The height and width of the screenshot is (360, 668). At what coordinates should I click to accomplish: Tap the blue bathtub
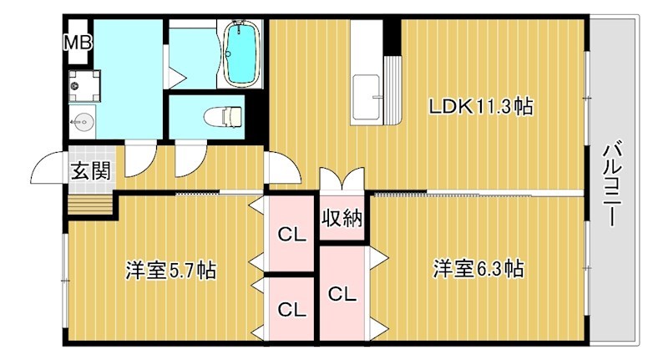pyautogui.click(x=243, y=54)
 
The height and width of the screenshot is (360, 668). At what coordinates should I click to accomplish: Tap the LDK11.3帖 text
pyautogui.click(x=481, y=107)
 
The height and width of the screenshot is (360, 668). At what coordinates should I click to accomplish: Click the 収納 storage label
pyautogui.click(x=342, y=219)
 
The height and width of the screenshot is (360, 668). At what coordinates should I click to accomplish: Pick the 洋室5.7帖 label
pyautogui.click(x=171, y=271)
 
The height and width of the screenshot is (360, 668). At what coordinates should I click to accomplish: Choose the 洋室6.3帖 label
pyautogui.click(x=478, y=270)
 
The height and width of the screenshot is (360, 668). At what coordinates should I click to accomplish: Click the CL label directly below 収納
pyautogui.click(x=342, y=294)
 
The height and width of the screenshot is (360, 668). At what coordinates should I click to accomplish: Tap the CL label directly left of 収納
pyautogui.click(x=291, y=233)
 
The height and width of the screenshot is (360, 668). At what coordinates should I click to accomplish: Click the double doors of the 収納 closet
pyautogui.click(x=342, y=181)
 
